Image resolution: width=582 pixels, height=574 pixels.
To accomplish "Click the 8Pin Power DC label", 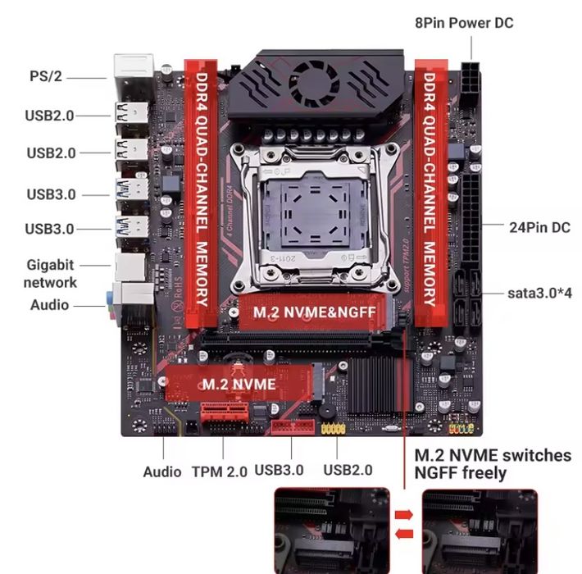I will [464, 23].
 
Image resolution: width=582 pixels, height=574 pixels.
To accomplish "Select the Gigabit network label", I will [50, 273].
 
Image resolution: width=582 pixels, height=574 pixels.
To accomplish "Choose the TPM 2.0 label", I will [219, 471].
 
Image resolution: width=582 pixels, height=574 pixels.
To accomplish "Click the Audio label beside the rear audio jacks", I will [50, 305].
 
